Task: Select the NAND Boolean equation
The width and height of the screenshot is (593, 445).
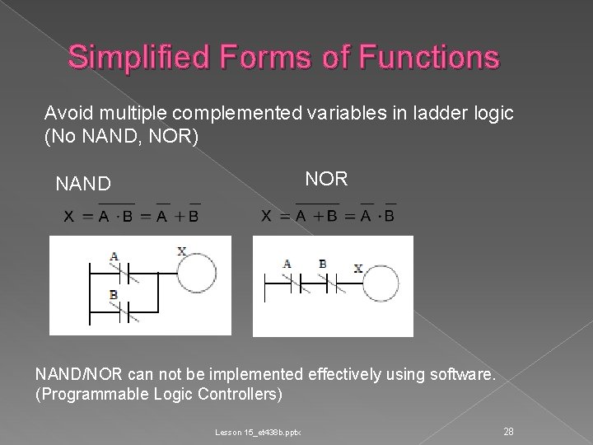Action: click(x=132, y=215)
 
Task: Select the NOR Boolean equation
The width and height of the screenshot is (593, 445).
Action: click(x=328, y=215)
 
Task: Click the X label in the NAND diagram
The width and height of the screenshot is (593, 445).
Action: click(x=181, y=251)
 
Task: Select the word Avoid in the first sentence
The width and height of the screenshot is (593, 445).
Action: click(x=64, y=113)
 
